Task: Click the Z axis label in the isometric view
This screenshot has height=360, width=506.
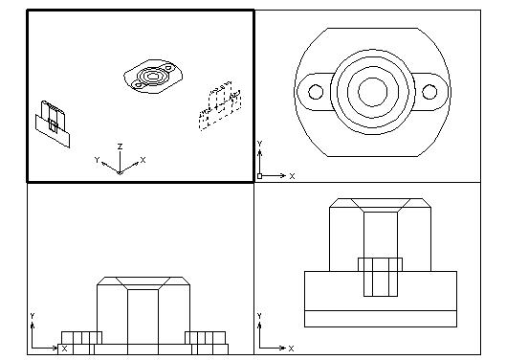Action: coord(121,146)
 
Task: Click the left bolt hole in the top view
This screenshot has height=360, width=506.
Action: coord(316,92)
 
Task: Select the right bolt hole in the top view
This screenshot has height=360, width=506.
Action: coord(429,92)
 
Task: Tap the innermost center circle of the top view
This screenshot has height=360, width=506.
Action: coord(373,92)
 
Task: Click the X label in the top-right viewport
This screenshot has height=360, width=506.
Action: coord(292,176)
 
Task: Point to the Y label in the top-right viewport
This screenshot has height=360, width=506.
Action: coord(260,144)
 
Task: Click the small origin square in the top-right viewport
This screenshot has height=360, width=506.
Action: coord(259,176)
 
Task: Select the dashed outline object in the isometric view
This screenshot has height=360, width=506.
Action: coord(220,105)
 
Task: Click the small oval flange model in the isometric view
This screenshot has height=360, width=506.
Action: coord(153,77)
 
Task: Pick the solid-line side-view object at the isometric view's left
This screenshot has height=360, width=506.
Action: coord(53,124)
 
